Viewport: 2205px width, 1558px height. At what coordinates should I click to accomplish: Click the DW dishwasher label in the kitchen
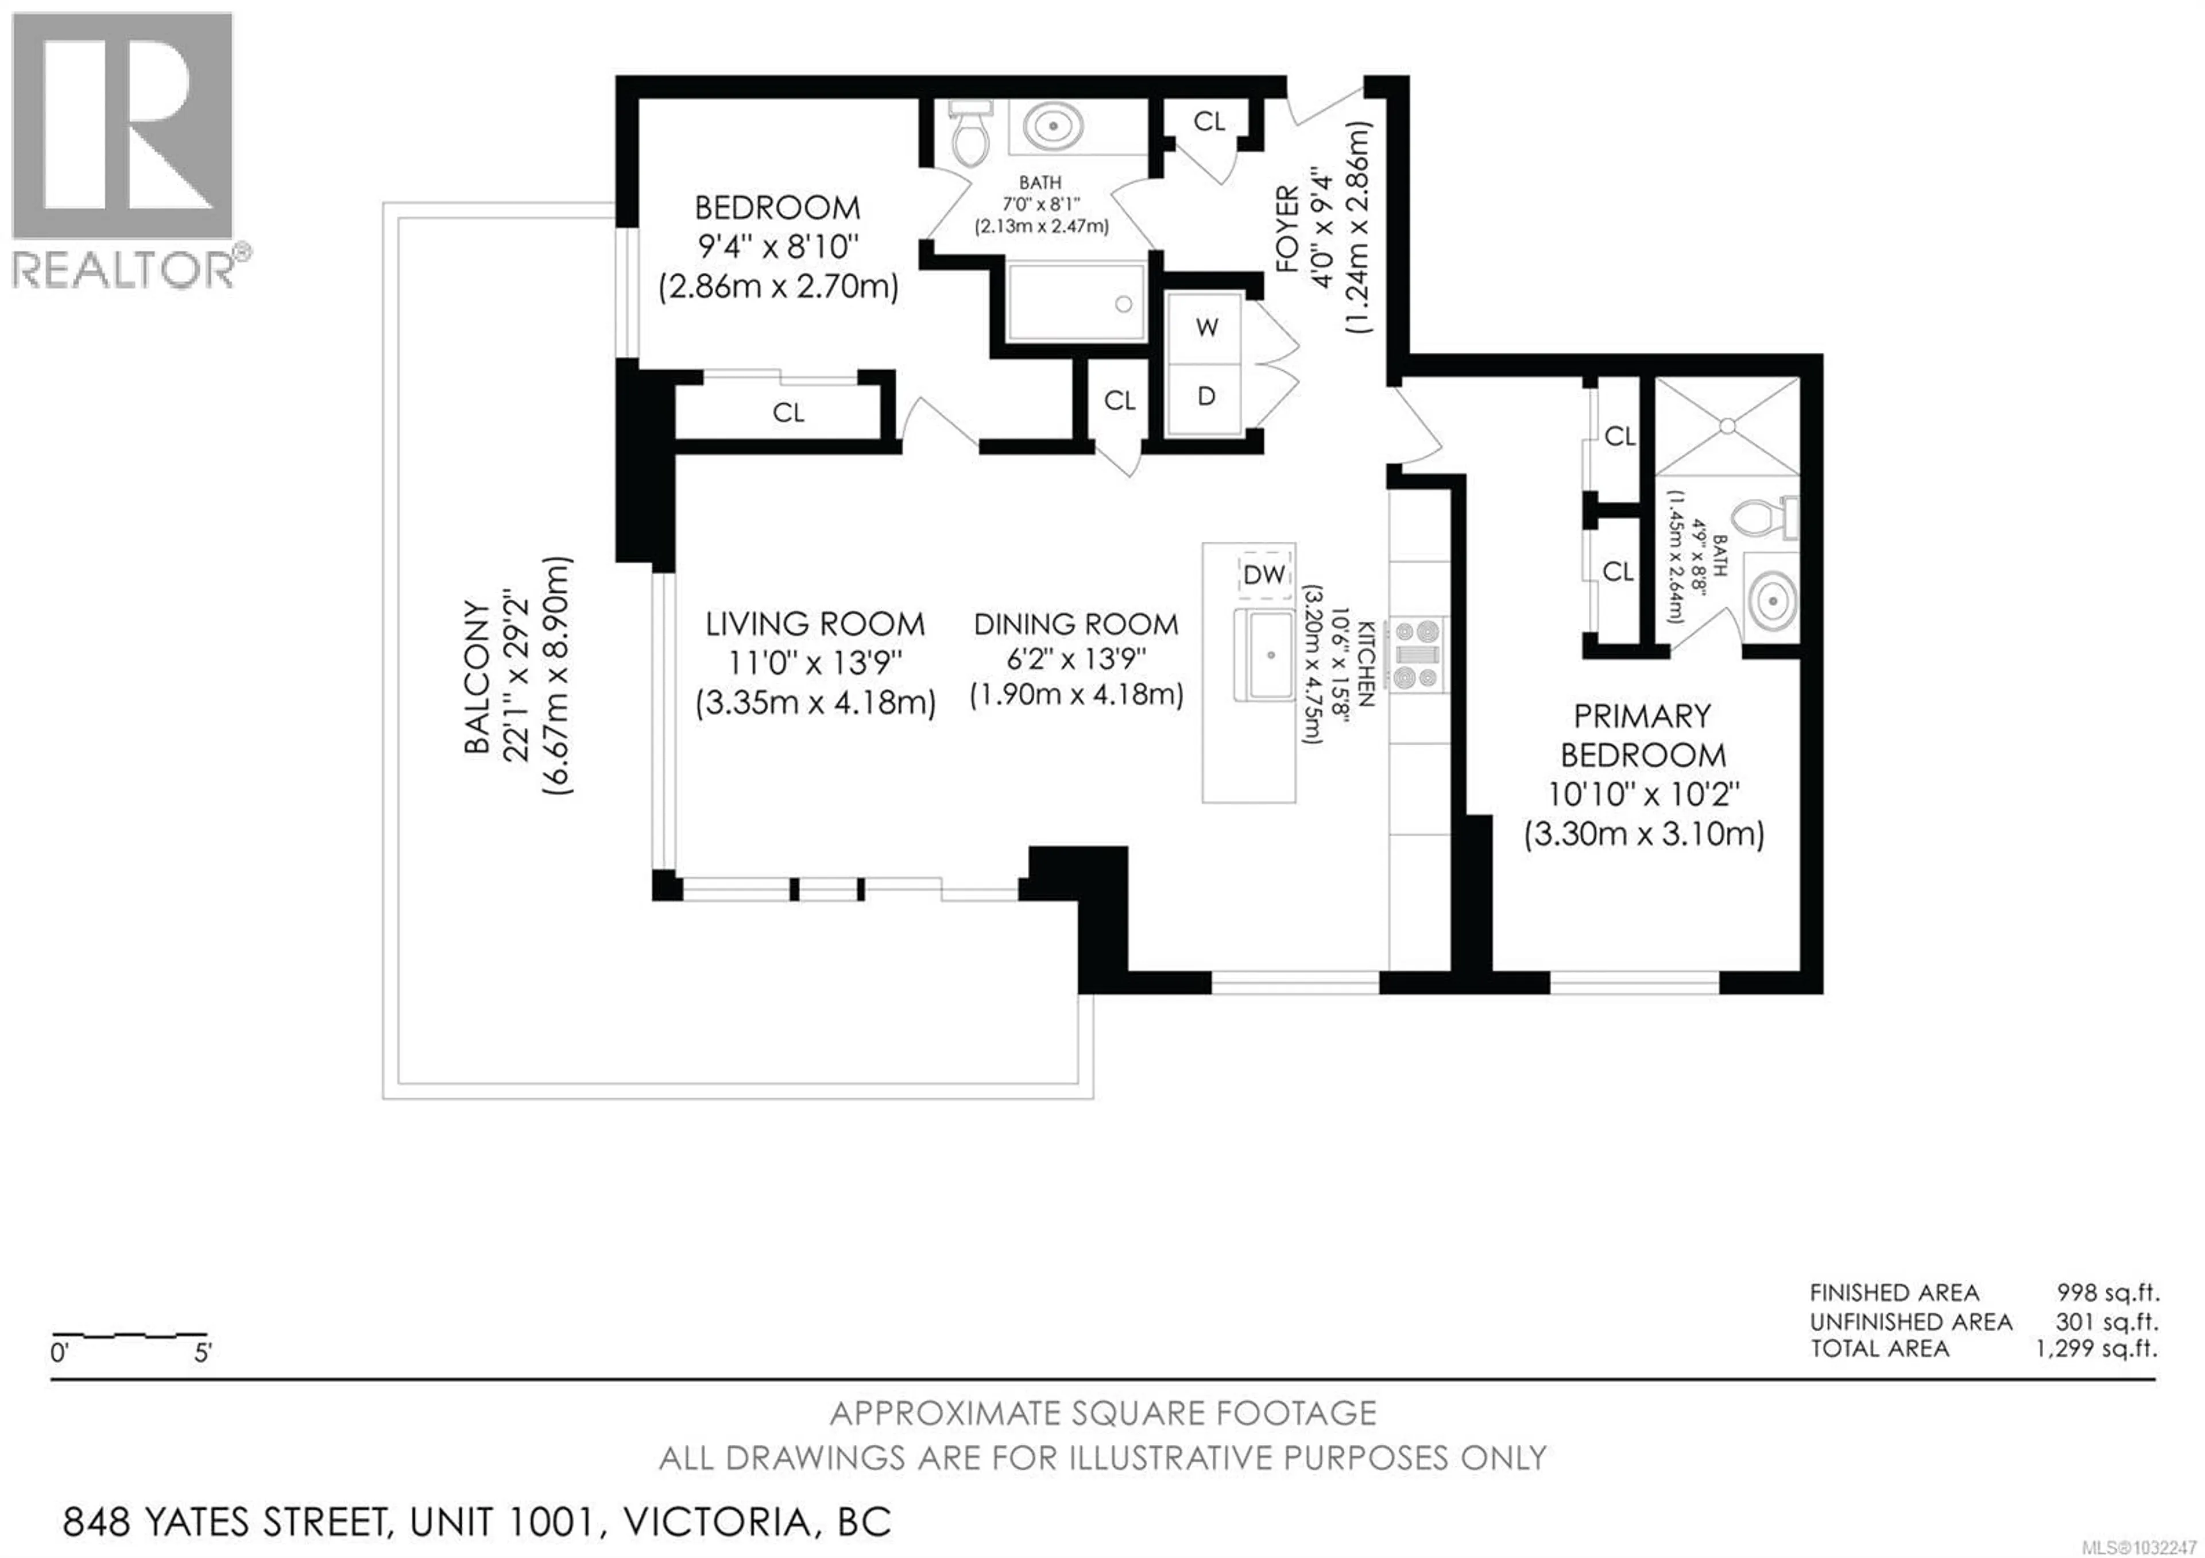1264,574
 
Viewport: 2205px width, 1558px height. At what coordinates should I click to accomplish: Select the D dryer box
1206,396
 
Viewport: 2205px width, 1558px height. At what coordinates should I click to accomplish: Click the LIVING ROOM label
814,625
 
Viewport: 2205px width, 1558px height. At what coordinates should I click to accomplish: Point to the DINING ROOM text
1076,625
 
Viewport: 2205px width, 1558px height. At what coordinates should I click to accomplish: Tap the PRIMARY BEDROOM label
1642,736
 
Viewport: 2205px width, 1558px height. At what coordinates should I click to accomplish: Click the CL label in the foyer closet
1209,122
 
